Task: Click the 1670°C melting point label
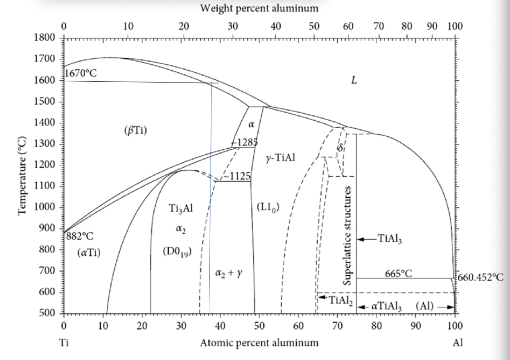[x=80, y=73]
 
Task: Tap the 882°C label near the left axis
[x=80, y=236]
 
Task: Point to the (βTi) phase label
[x=135, y=131]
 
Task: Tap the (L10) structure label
[x=268, y=208]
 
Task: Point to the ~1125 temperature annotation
[x=237, y=176]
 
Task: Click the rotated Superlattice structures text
[x=348, y=235]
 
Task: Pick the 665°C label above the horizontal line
[x=398, y=273]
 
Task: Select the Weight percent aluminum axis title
[x=259, y=8]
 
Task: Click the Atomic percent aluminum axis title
[x=259, y=342]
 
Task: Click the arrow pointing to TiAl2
[x=322, y=297]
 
